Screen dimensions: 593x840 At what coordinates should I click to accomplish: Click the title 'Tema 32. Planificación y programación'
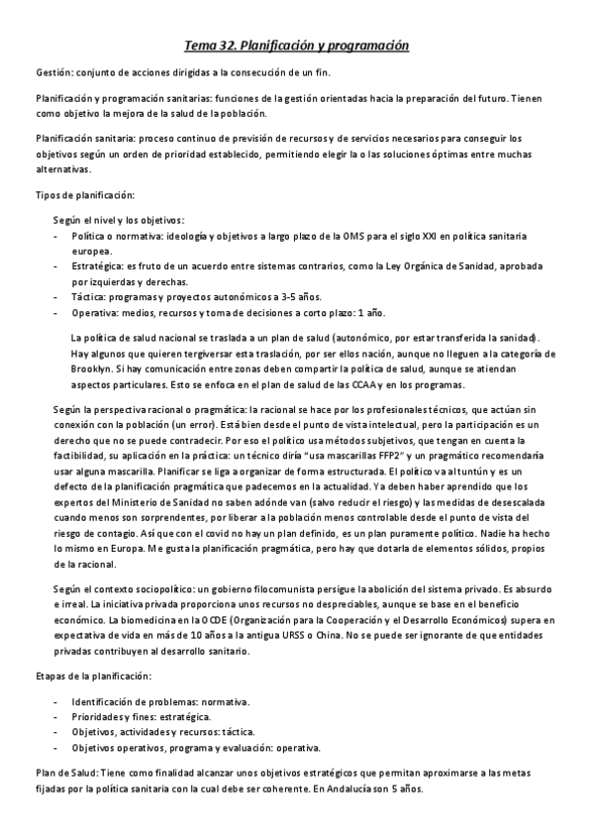pos(297,46)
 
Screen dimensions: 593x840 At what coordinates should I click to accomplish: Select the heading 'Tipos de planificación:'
pos(78,195)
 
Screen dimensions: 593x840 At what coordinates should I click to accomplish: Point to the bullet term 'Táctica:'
pos(90,297)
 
